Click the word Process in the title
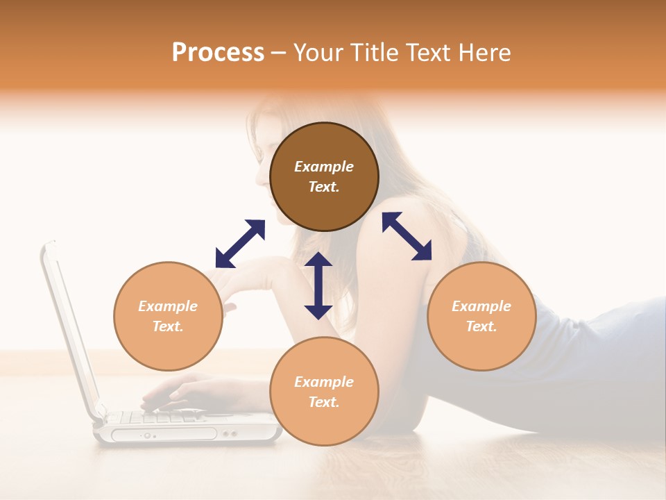pos(218,53)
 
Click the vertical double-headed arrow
pos(318,285)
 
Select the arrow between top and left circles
pos(240,244)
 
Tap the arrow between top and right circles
pos(407,236)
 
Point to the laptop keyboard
pos(160,417)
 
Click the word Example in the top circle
pos(324,167)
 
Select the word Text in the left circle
pos(168,326)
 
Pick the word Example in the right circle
pos(481,306)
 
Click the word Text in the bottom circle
pos(324,402)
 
